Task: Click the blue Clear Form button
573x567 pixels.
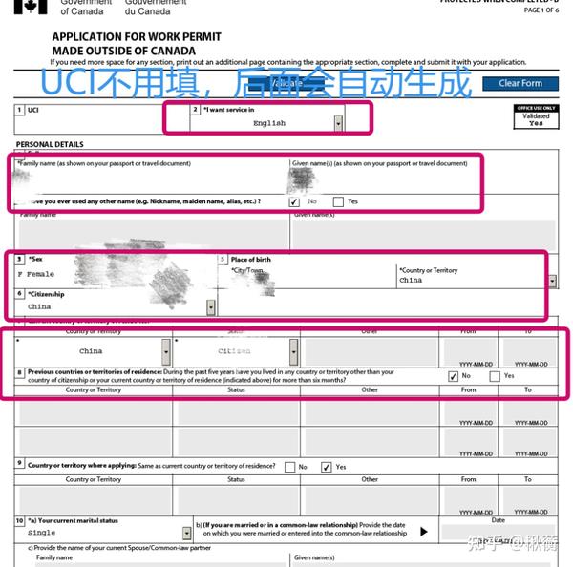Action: tap(520, 83)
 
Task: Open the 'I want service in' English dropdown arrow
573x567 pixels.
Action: tap(338, 123)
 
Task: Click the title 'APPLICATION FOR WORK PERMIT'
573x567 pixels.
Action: tap(137, 36)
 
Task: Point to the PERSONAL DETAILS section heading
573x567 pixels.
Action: tap(50, 144)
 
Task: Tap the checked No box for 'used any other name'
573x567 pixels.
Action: tap(293, 201)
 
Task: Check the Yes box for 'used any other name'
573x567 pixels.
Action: tap(338, 201)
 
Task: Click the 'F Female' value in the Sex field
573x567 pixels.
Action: tap(36, 274)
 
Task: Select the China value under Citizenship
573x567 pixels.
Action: tap(39, 307)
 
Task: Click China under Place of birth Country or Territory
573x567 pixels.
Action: tap(411, 281)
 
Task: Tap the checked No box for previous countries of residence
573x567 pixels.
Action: tap(453, 376)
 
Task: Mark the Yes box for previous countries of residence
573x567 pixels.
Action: tap(494, 376)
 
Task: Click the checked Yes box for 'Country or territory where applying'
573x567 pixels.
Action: tap(327, 467)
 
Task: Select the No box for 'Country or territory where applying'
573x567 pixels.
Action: tap(289, 467)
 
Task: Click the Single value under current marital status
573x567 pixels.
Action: tap(41, 533)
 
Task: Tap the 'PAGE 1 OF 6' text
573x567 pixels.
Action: tap(541, 10)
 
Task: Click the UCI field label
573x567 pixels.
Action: tap(33, 111)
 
